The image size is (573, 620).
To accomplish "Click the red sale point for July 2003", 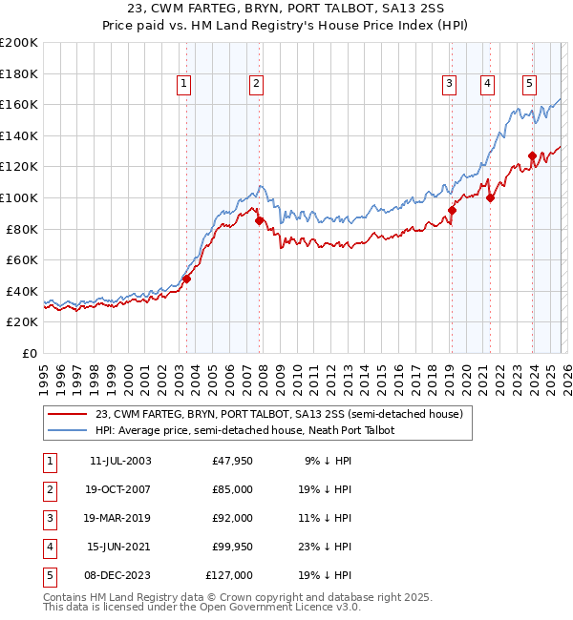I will pyautogui.click(x=187, y=279).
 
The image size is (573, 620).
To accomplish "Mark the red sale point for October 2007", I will pyautogui.click(x=259, y=220).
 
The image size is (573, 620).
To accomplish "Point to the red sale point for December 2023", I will pyautogui.click(x=532, y=155).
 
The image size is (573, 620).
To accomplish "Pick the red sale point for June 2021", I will pyautogui.click(x=490, y=198).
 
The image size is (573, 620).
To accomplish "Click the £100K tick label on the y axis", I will pyautogui.click(x=19, y=197).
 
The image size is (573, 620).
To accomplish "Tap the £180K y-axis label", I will pyautogui.click(x=19, y=73).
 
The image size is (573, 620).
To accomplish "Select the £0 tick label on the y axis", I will pyautogui.click(x=29, y=353).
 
